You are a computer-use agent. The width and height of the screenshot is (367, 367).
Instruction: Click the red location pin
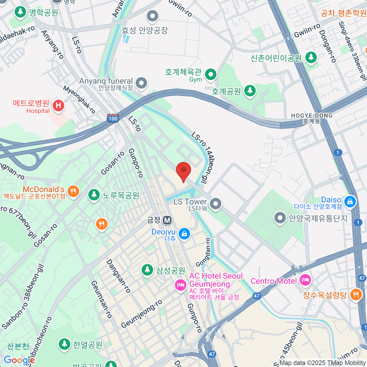(183, 170)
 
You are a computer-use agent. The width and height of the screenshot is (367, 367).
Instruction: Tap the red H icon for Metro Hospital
(58, 106)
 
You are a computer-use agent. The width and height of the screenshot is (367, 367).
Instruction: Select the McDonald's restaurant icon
(73, 191)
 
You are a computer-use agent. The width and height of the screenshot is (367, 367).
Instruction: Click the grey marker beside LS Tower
(216, 203)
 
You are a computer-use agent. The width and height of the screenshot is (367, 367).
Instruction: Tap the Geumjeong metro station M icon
(167, 220)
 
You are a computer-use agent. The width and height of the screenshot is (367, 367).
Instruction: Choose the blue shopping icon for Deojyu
(184, 234)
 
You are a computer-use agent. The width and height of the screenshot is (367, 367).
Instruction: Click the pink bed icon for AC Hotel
(180, 285)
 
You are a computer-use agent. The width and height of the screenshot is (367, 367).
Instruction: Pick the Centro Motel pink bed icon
(305, 280)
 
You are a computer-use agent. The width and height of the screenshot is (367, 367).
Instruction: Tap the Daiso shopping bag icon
(350, 201)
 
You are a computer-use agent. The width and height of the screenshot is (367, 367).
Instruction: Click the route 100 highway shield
(113, 118)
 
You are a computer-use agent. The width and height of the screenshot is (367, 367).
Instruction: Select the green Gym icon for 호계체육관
(210, 74)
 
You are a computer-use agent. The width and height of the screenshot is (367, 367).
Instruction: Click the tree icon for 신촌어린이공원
(311, 57)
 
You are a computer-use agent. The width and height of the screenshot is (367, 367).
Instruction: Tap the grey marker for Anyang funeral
(141, 83)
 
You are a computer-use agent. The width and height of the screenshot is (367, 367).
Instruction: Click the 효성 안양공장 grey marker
(152, 16)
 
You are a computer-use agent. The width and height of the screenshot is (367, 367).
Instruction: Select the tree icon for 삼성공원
(147, 270)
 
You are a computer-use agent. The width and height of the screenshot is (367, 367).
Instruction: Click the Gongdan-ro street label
(203, 252)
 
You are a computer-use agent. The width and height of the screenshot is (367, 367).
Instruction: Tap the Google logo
(19, 360)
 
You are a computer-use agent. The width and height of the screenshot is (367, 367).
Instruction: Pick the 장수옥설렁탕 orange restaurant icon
(355, 295)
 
